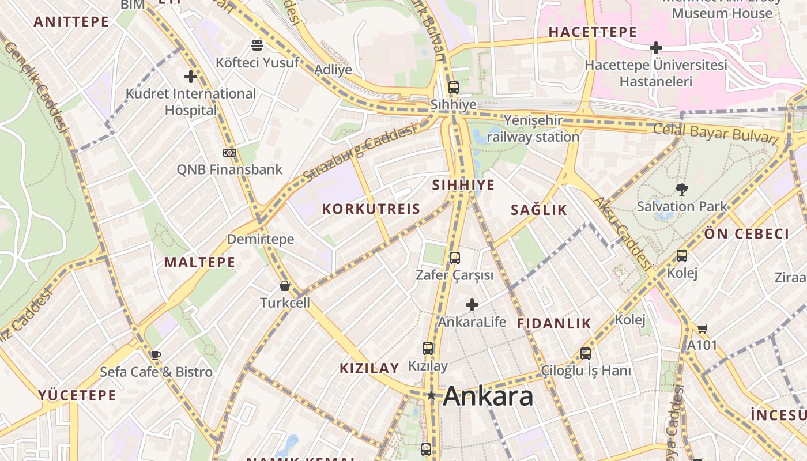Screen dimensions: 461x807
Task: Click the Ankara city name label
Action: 488,396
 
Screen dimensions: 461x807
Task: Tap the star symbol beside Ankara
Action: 431,395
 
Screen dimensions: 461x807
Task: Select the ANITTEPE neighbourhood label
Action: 71,22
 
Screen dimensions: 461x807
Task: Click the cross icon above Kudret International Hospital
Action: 191,76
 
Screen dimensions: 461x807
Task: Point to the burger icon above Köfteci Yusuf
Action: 257,45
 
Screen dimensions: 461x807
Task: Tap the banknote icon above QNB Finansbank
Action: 229,153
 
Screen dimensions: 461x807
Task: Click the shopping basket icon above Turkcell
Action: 285,286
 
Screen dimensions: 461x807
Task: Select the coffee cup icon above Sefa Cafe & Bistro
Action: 156,355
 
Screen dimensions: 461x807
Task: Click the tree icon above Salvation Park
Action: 682,189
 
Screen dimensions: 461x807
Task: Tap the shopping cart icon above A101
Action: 702,328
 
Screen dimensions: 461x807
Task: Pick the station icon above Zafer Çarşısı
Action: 455,258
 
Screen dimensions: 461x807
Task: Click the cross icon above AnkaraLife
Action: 472,304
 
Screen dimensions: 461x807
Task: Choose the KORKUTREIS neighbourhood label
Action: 371,209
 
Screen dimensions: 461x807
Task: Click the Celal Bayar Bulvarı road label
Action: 716,133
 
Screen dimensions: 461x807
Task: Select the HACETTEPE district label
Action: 593,32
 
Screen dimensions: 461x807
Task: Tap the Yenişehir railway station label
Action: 533,129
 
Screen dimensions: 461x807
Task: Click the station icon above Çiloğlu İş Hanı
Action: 586,353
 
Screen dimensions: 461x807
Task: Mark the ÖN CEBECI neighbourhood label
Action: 746,234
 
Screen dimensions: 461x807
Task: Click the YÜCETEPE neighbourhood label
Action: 77,395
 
